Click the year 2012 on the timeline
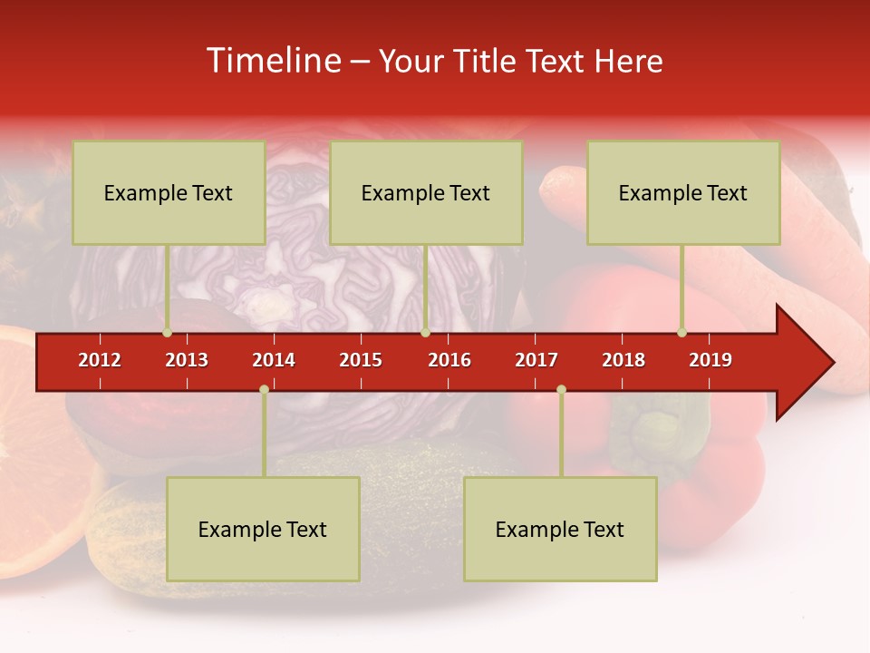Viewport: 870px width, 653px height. (100, 360)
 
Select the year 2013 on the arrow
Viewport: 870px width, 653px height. (187, 360)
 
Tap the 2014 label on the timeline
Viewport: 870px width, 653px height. (274, 360)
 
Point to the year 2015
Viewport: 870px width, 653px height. (361, 360)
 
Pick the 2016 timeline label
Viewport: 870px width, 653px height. (449, 360)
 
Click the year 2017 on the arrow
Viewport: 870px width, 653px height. (536, 360)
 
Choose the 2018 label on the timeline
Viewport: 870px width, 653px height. (623, 360)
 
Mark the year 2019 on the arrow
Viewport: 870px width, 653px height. (710, 360)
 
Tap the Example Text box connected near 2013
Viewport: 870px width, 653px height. (169, 192)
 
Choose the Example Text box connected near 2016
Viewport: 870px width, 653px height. (426, 192)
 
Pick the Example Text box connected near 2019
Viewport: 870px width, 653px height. (683, 192)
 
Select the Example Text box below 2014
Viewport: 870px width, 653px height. (263, 529)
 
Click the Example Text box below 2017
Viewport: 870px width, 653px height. (560, 529)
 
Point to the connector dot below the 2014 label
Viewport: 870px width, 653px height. (264, 389)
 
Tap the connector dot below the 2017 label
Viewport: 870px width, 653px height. (561, 389)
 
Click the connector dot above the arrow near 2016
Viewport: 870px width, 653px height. (425, 332)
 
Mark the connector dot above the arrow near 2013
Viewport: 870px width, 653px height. (167, 332)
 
